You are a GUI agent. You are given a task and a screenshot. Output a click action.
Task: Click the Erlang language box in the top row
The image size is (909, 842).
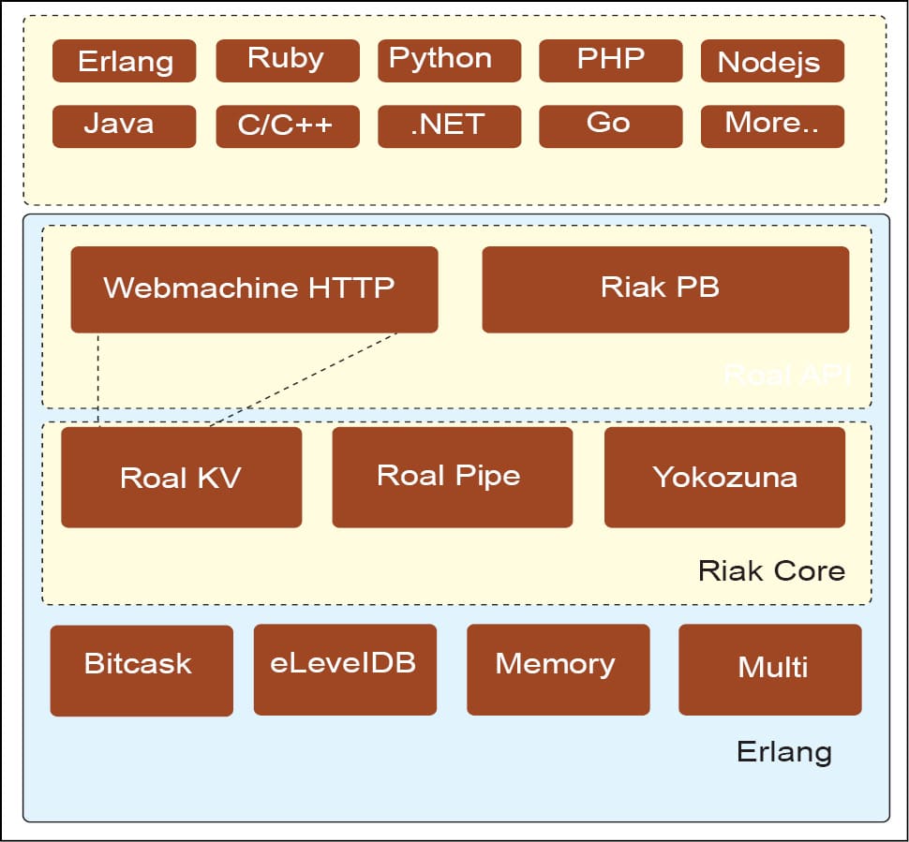tap(124, 61)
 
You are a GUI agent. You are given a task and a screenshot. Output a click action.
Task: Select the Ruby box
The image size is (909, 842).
tap(287, 60)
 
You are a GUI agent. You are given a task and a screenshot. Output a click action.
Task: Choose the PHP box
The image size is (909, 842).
tap(610, 60)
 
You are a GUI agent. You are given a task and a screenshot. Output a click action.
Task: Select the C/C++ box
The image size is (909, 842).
tap(287, 126)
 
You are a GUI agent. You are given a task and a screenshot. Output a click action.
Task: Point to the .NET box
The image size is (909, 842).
tap(448, 126)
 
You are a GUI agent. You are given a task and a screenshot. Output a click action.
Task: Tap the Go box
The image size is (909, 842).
tap(610, 126)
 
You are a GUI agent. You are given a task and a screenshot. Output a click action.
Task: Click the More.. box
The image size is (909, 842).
tap(771, 126)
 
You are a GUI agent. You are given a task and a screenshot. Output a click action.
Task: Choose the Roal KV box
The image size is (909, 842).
tap(181, 477)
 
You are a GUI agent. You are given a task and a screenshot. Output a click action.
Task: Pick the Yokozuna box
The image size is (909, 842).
tap(724, 477)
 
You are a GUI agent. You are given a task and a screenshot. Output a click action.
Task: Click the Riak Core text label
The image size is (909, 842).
tap(771, 570)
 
